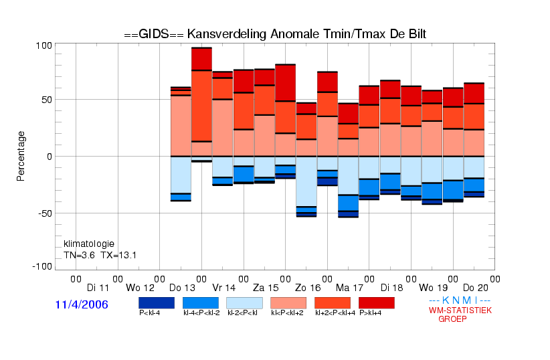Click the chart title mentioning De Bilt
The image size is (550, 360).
[x=275, y=34]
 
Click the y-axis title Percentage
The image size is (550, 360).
[x=21, y=156]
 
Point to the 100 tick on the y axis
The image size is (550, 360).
[x=44, y=46]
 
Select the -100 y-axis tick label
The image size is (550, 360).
[x=42, y=267]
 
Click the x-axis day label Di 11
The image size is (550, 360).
[x=98, y=288]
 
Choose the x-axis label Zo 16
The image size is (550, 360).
[x=308, y=288]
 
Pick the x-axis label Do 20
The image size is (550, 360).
[x=475, y=288]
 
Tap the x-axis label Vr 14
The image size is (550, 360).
[x=223, y=288]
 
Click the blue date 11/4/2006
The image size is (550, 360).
[x=82, y=304]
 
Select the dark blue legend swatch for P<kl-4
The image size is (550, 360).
[x=157, y=303]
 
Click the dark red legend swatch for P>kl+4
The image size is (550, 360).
[x=377, y=303]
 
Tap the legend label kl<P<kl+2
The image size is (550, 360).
[x=287, y=313]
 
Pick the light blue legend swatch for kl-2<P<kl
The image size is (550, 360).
[x=244, y=303]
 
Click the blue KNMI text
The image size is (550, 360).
[x=460, y=300]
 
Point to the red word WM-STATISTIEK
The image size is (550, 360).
[x=460, y=310]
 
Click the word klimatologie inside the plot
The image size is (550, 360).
[x=89, y=244]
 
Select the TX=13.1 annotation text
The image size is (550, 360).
[x=118, y=255]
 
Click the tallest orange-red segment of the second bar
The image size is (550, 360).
[x=201, y=106]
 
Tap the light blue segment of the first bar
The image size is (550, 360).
[x=181, y=175]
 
